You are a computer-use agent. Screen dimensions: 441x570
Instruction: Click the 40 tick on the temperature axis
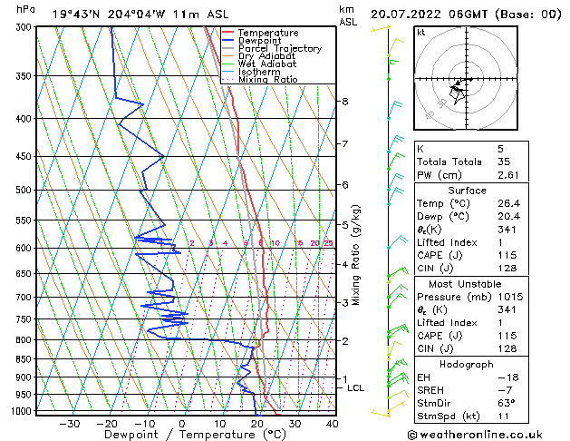[332, 423]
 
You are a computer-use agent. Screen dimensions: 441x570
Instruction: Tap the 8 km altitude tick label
[345, 101]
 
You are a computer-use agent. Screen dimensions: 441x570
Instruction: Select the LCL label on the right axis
[356, 388]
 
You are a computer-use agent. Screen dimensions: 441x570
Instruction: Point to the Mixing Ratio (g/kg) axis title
[356, 254]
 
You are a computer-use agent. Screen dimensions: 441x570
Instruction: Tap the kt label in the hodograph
[420, 33]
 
